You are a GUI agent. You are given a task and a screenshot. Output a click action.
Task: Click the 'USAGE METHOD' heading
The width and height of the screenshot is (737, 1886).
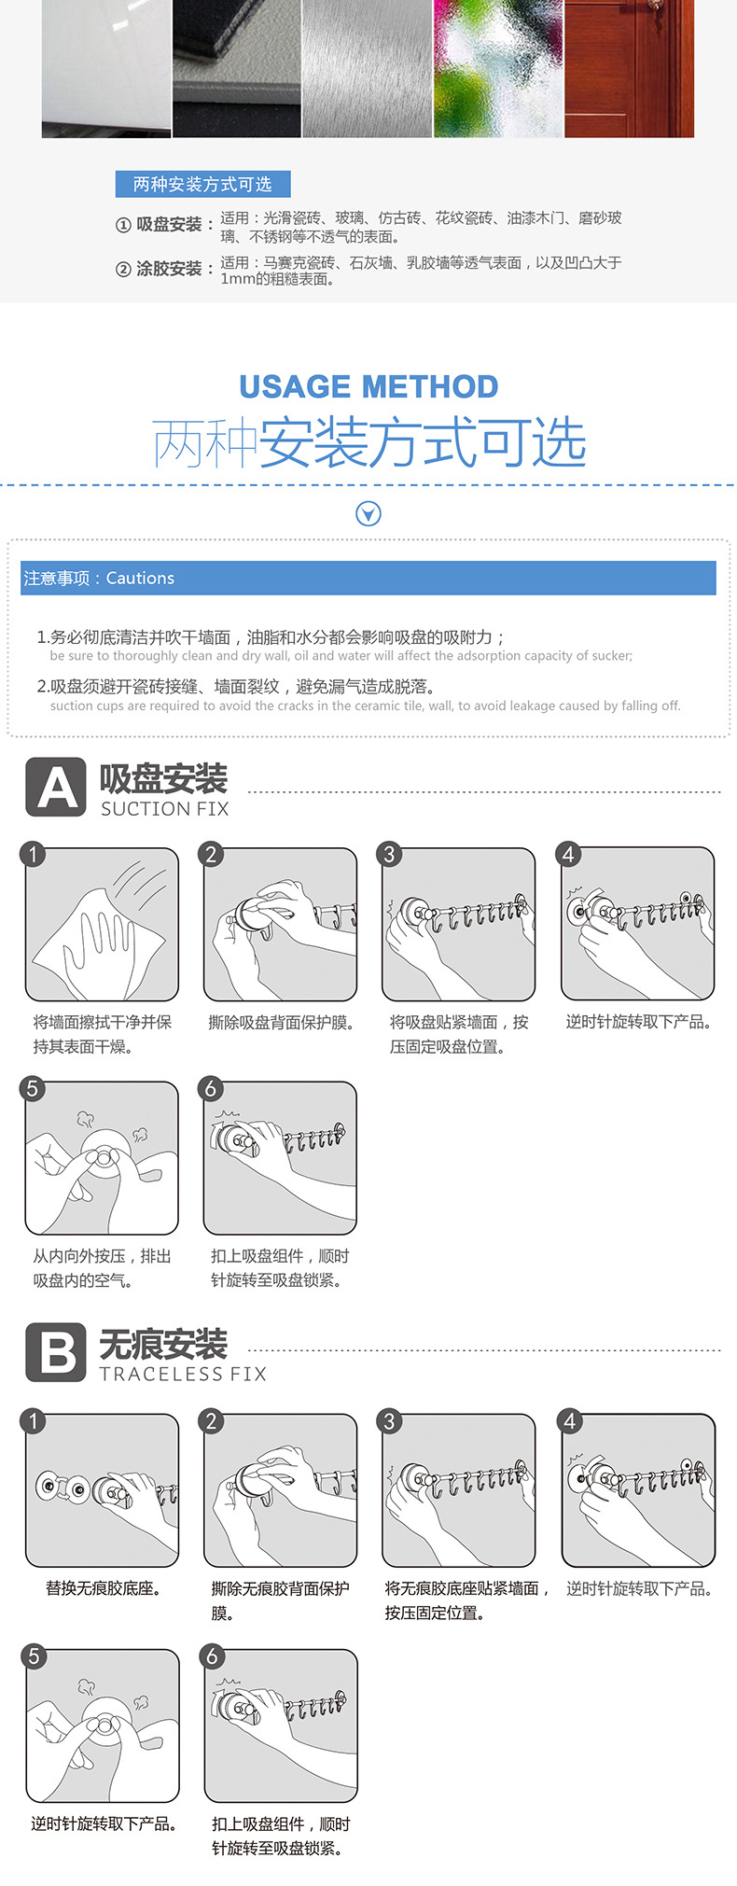click(x=368, y=386)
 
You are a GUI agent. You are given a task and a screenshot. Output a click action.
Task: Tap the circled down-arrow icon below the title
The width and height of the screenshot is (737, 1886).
click(x=368, y=513)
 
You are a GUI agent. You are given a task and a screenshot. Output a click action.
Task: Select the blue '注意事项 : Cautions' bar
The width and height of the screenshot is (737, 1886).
click(x=368, y=578)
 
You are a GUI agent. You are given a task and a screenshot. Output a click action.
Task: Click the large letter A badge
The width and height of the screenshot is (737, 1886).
click(x=56, y=788)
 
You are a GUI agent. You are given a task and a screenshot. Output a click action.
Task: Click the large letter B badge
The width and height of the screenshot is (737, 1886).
click(x=56, y=1352)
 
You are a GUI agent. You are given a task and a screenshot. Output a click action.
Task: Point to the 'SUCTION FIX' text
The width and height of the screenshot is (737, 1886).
click(x=165, y=809)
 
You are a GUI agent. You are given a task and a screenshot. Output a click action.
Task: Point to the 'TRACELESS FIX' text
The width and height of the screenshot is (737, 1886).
click(x=183, y=1374)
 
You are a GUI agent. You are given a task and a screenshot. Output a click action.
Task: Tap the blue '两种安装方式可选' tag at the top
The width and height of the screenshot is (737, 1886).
click(x=202, y=184)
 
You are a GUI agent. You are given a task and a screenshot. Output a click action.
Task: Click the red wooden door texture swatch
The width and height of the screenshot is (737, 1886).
click(x=630, y=68)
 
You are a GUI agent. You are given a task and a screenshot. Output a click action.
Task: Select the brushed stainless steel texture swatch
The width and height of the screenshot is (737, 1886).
click(x=368, y=68)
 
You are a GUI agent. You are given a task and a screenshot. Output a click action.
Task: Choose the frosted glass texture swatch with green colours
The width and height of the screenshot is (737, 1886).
click(x=498, y=68)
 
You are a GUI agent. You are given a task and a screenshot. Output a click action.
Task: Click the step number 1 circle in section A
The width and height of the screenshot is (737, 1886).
click(x=33, y=853)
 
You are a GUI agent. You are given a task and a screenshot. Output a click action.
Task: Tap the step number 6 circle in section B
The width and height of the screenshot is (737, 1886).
click(x=212, y=1655)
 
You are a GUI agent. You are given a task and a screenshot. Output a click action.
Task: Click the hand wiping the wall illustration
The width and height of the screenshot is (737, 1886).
click(x=102, y=924)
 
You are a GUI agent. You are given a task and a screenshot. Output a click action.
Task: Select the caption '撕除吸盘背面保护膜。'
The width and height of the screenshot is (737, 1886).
click(x=281, y=1023)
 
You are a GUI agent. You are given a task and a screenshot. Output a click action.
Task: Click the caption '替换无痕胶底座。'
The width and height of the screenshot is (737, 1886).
click(x=103, y=1588)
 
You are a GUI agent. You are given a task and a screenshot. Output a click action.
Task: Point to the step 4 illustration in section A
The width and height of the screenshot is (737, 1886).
click(x=638, y=924)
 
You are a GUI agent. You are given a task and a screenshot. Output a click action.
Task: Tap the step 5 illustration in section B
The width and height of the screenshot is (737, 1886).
click(x=103, y=1726)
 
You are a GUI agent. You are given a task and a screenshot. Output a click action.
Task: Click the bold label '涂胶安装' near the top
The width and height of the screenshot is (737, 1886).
click(x=169, y=269)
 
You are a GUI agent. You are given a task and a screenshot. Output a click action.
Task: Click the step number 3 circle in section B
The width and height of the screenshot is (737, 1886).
click(x=390, y=1420)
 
